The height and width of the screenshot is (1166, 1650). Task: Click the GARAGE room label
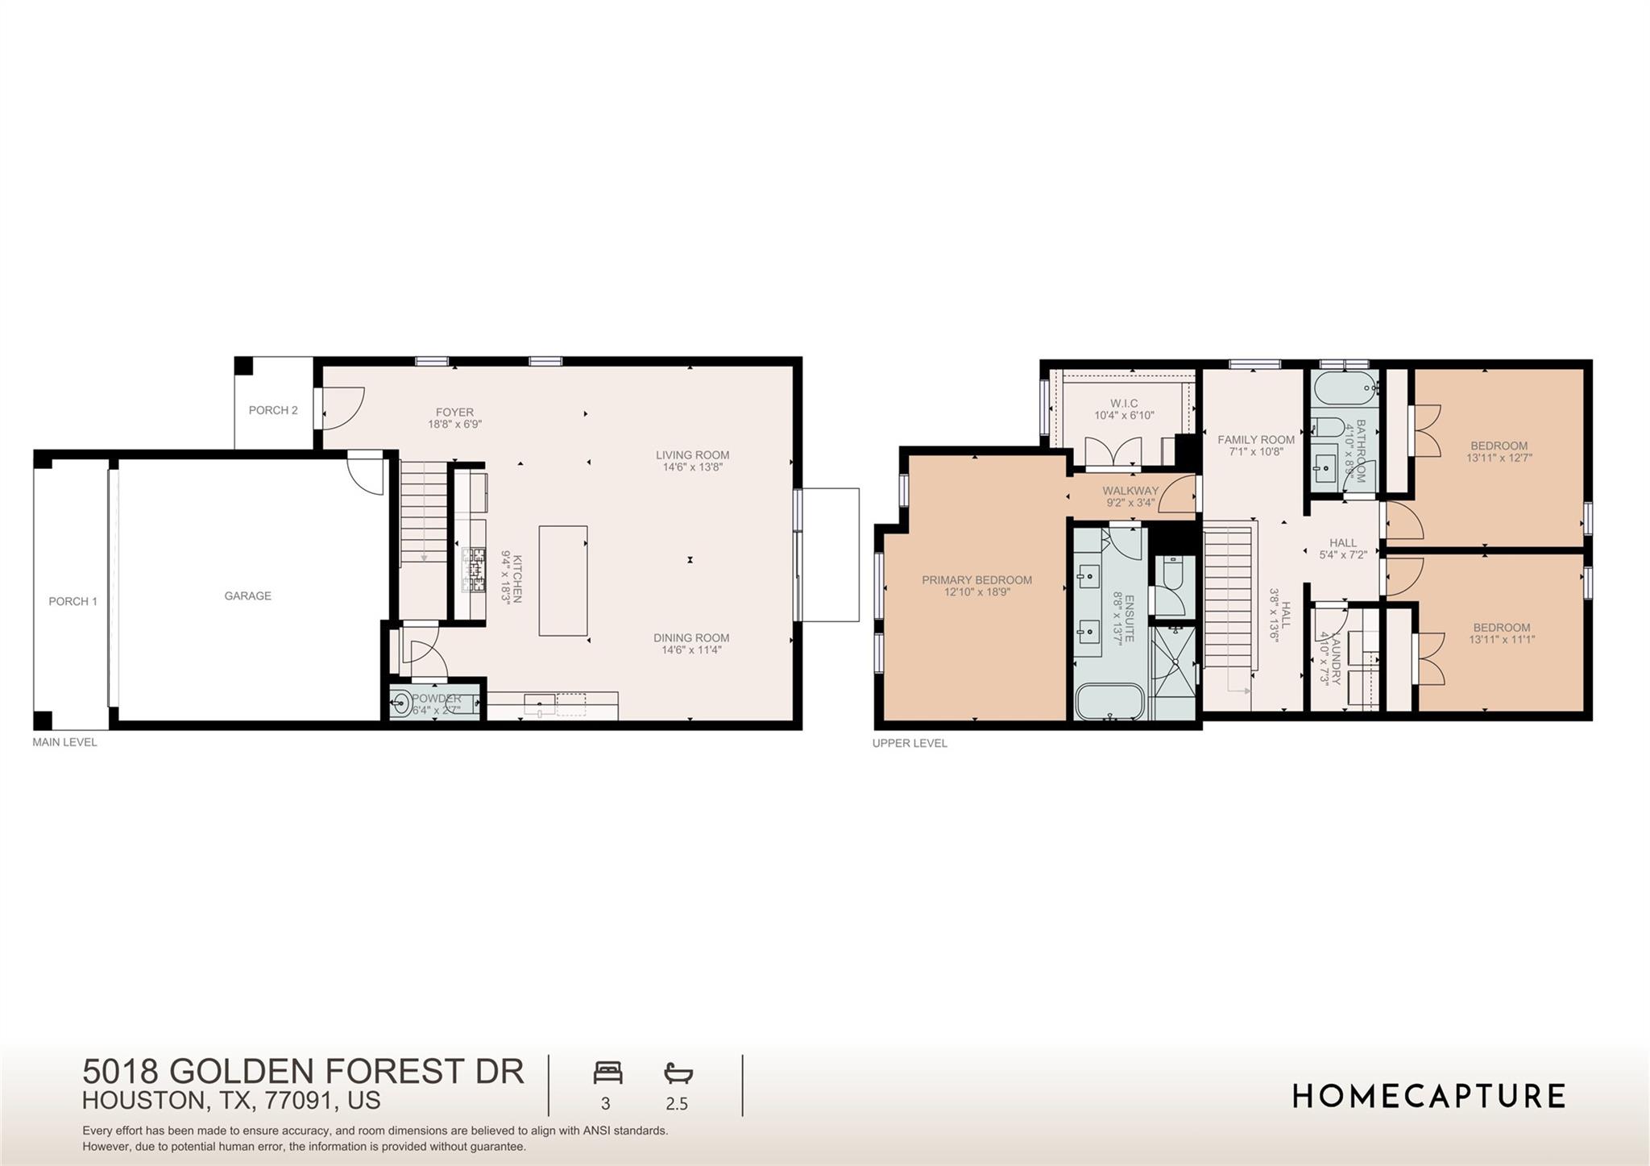click(x=247, y=596)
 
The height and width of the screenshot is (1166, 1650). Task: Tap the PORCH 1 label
click(x=73, y=602)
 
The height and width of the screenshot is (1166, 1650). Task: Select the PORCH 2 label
click(x=273, y=411)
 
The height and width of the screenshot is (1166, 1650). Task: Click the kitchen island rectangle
click(x=562, y=580)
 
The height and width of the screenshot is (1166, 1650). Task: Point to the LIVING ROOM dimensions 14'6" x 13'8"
click(x=692, y=467)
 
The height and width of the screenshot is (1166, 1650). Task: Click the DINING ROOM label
click(x=691, y=638)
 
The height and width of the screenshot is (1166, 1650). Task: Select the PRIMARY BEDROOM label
click(x=976, y=580)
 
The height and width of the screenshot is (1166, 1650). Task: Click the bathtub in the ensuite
click(x=1109, y=701)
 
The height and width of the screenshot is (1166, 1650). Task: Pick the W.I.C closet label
click(x=1124, y=404)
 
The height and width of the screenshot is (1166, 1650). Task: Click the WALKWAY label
click(x=1130, y=491)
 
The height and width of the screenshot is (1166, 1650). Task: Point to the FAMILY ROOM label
click(x=1255, y=440)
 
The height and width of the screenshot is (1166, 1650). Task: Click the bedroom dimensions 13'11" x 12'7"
click(x=1499, y=458)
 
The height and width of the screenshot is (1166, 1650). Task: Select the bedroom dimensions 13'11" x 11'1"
click(x=1502, y=640)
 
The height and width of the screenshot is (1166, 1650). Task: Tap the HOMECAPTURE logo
click(x=1428, y=1096)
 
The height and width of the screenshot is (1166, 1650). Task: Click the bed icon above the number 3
click(x=607, y=1073)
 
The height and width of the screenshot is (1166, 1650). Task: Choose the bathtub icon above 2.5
click(x=678, y=1073)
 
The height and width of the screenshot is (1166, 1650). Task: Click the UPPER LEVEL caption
click(x=910, y=744)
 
